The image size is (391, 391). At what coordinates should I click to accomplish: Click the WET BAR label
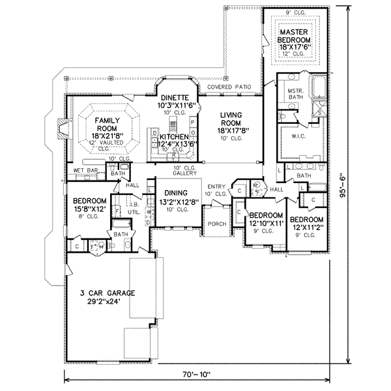point(86,170)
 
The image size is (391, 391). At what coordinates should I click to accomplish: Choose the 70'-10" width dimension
point(196,375)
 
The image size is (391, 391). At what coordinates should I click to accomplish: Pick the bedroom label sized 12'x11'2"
point(306,224)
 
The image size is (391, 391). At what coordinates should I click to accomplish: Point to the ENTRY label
point(216,190)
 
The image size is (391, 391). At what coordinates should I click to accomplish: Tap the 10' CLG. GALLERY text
point(184,171)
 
